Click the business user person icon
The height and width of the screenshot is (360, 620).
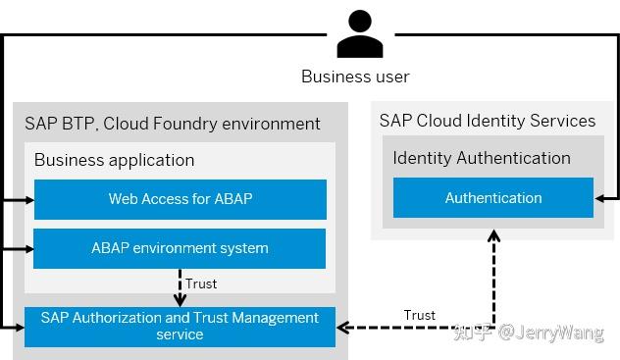[x=358, y=35]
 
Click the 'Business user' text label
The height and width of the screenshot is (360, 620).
[x=355, y=77]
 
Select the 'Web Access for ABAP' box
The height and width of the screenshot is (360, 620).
[x=180, y=199]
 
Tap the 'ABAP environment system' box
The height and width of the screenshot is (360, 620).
[x=180, y=248]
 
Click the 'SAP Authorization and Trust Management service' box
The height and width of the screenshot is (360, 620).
[x=180, y=326]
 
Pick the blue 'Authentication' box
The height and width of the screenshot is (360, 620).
[x=492, y=198]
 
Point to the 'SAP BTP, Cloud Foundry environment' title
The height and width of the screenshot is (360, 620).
[x=173, y=124]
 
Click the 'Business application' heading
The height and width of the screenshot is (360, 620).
[x=114, y=160]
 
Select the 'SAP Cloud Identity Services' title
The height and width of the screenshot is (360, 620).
[x=488, y=121]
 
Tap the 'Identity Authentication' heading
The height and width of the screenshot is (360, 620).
[x=482, y=158]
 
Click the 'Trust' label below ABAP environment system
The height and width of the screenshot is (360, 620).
[x=201, y=284]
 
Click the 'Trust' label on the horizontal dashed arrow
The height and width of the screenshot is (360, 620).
[x=420, y=315]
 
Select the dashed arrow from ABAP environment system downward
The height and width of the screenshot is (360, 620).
[x=180, y=286]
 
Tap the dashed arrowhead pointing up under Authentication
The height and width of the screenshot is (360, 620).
[x=493, y=225]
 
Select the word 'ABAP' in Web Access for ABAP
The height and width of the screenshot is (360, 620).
[x=232, y=199]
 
